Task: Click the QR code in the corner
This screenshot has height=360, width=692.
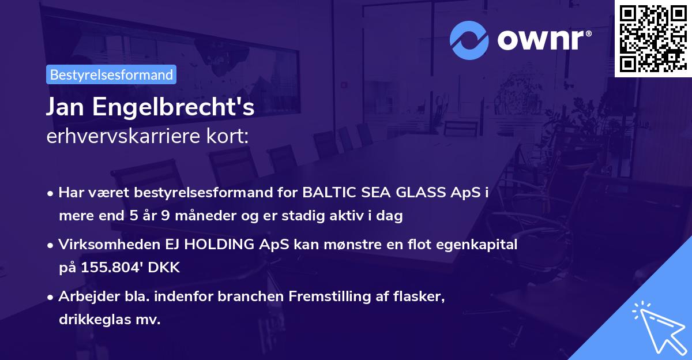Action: point(652,39)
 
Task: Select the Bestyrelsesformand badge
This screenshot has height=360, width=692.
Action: point(111,74)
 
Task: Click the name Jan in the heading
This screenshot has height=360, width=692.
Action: point(66,108)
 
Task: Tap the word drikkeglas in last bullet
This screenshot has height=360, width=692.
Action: point(99,320)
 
